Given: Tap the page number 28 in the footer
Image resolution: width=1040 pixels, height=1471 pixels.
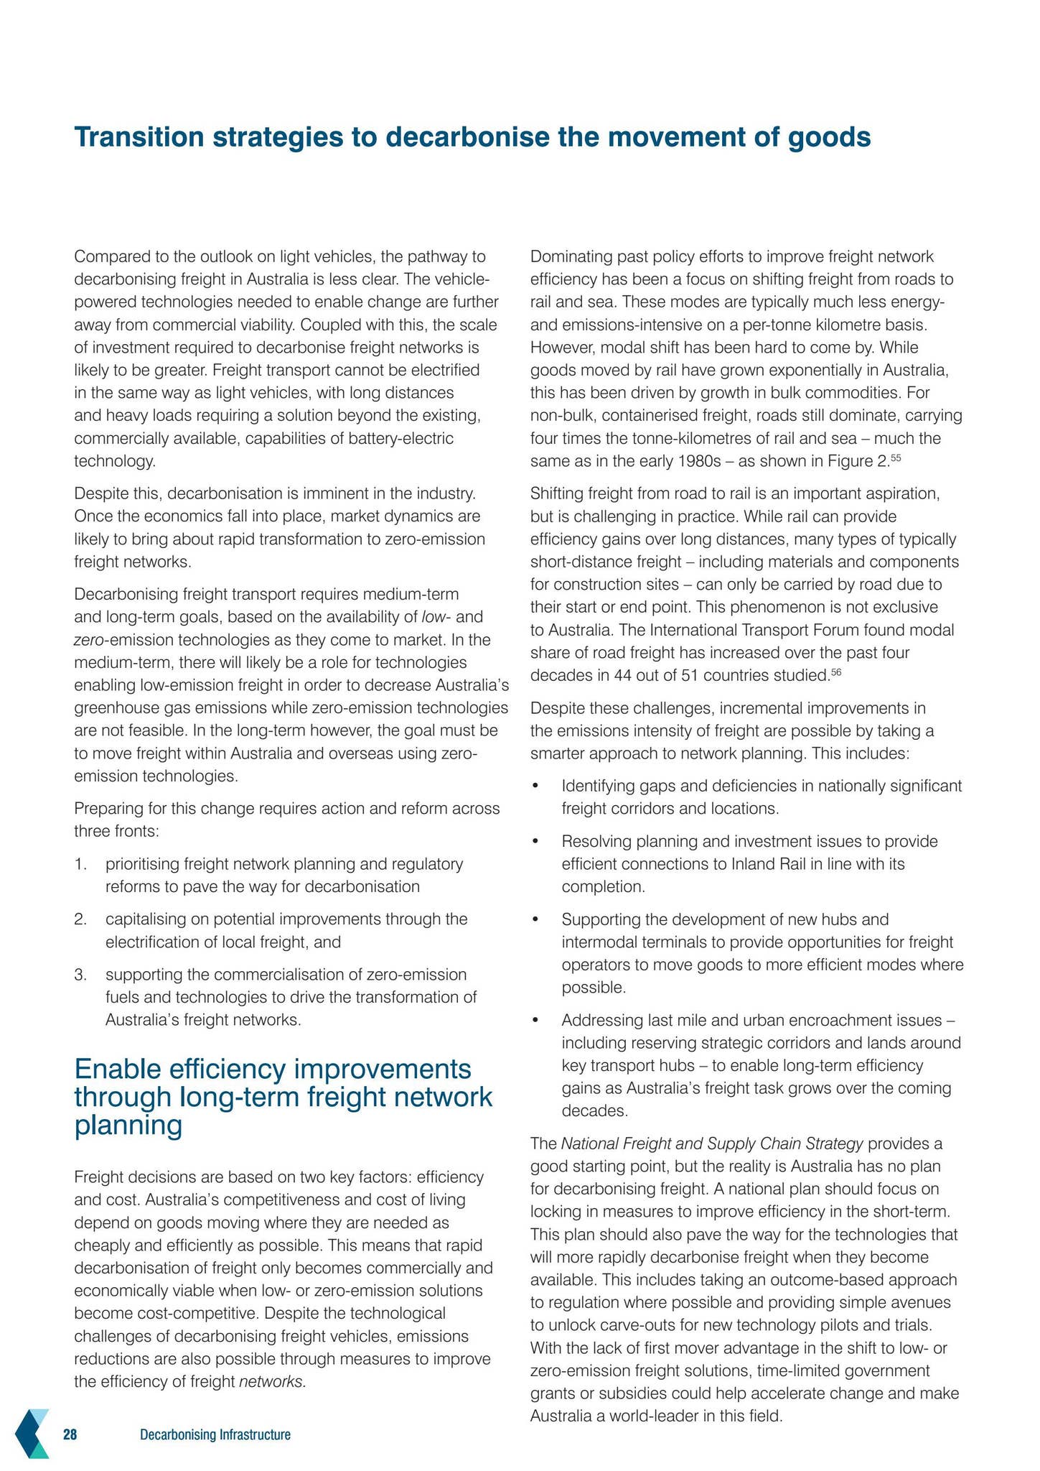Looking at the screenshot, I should point(70,1435).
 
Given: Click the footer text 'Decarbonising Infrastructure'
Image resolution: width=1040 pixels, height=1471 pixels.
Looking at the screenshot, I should point(215,1435).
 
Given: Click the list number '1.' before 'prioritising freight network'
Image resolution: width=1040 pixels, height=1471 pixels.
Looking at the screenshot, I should point(80,864).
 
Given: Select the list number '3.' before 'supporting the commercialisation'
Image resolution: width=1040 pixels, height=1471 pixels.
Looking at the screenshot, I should point(80,975).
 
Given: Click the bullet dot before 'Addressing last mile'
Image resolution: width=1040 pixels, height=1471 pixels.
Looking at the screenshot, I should point(535,1021).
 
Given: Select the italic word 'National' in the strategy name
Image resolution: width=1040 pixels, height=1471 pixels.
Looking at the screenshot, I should point(590,1144).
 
